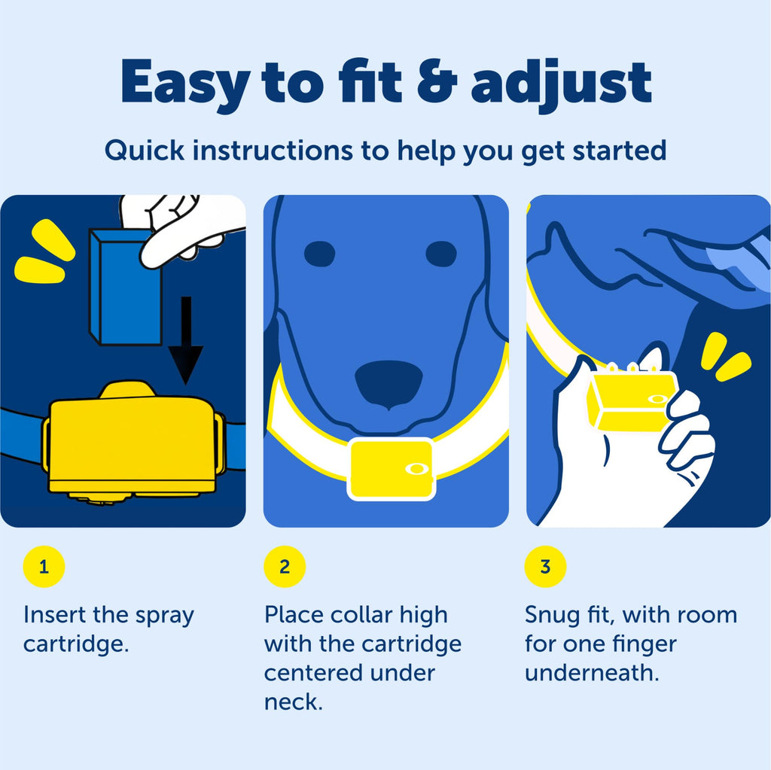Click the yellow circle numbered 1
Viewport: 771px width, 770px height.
coord(44,567)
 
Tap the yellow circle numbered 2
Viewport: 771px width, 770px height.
coord(285,567)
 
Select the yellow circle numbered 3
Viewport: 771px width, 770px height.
coord(545,567)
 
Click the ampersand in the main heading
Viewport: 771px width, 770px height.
coord(437,81)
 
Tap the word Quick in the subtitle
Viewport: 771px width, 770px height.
coord(145,151)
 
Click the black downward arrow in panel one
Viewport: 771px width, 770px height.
coord(186,340)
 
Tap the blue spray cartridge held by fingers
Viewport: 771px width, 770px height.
coord(126,288)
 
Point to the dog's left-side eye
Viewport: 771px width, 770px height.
coord(319,254)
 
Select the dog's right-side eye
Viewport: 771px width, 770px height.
coord(441,254)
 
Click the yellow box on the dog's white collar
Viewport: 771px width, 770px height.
coord(392,469)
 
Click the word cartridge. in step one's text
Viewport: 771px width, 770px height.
coord(76,644)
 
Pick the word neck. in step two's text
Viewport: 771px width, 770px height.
coord(294,702)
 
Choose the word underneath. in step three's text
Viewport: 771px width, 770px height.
coord(592,673)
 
